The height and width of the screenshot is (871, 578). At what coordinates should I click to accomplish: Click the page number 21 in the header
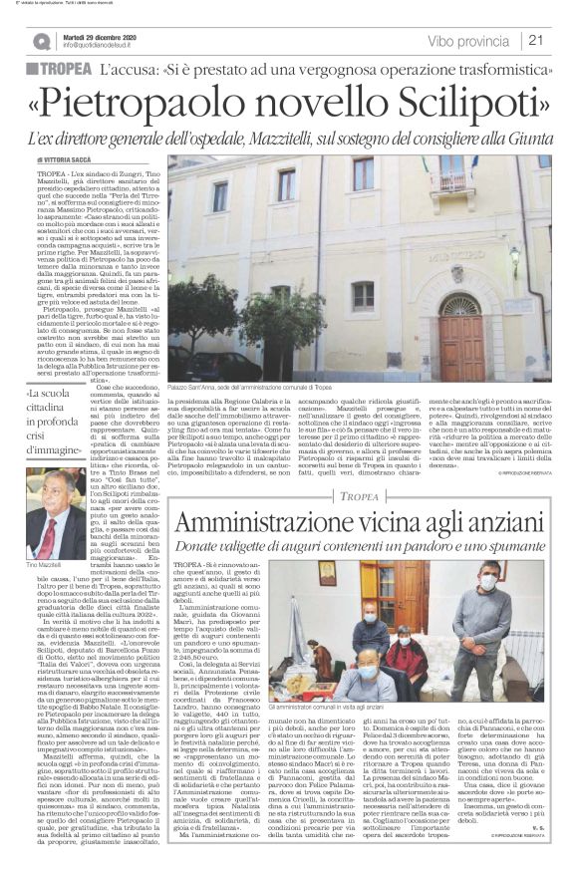click(x=536, y=41)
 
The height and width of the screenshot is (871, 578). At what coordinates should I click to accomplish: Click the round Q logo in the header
click(x=42, y=41)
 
